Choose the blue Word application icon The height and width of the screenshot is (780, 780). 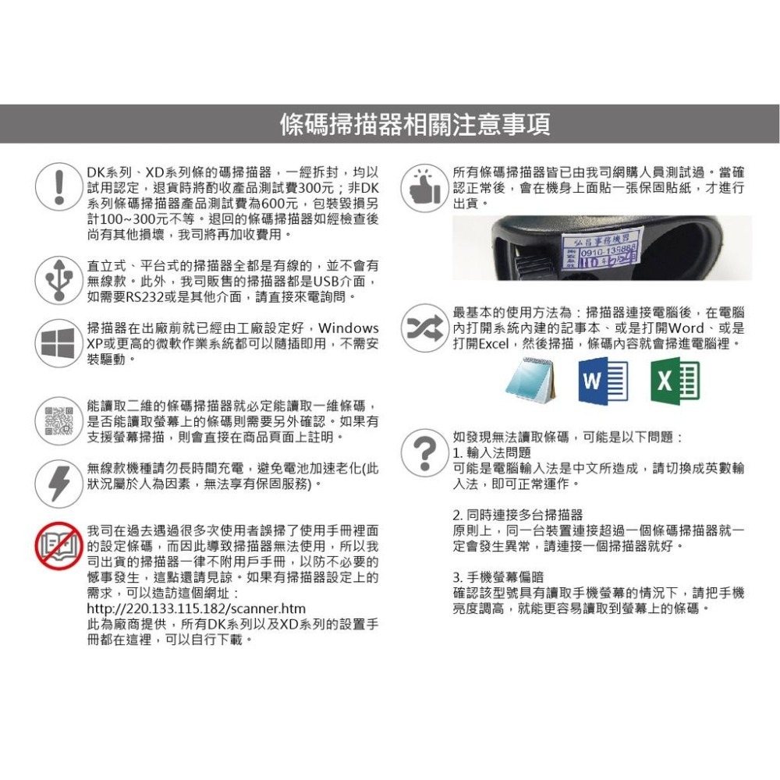[x=602, y=381]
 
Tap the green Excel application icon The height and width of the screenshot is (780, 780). [x=675, y=381]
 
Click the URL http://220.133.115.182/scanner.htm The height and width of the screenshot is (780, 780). [x=196, y=608]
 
